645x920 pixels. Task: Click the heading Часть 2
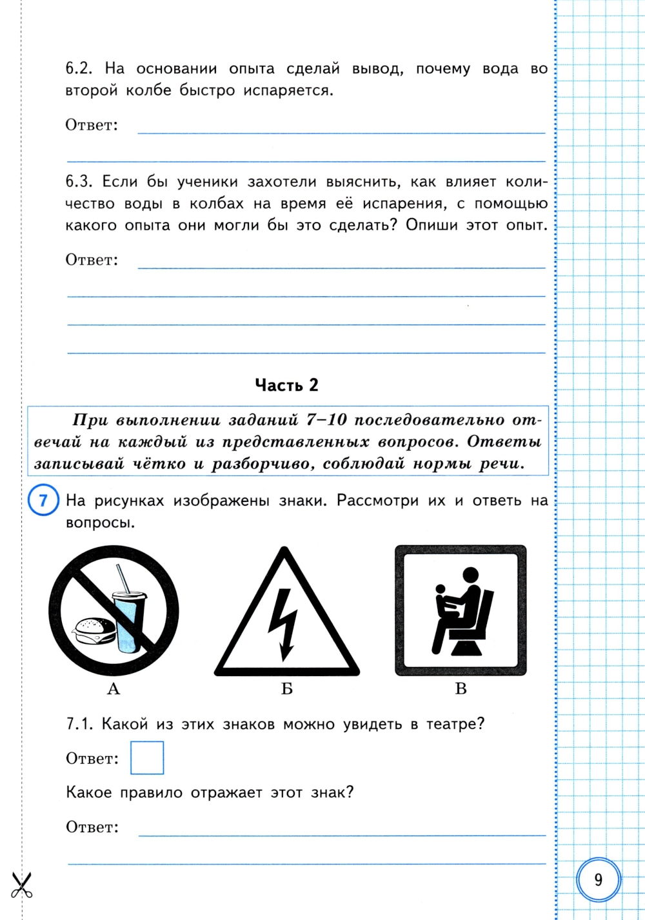[286, 385]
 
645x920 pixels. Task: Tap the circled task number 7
[43, 501]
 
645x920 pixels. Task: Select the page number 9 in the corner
[599, 879]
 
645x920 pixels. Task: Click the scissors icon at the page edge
[22, 884]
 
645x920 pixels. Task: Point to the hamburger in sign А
[94, 630]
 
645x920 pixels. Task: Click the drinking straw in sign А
[123, 578]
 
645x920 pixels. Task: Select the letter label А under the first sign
[114, 689]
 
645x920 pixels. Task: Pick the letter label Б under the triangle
[287, 689]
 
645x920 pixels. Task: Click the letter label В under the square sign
[461, 689]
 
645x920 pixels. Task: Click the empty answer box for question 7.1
[147, 757]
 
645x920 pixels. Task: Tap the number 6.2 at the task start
[80, 68]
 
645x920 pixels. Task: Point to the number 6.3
[80, 182]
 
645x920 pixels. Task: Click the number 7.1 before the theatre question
[80, 724]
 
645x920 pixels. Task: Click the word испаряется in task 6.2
[288, 90]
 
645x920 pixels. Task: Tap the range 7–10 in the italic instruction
[327, 421]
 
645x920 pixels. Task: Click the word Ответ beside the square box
[92, 759]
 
